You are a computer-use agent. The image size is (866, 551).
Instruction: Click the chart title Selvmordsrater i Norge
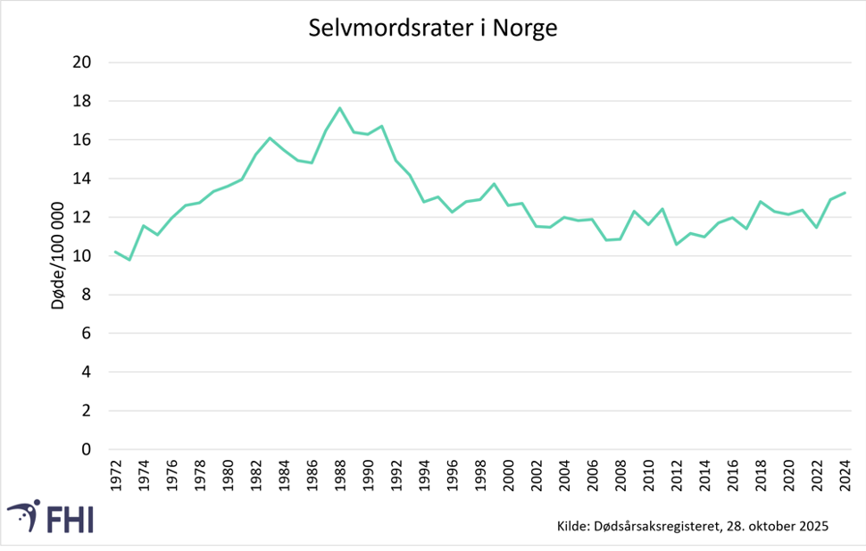coord(433,28)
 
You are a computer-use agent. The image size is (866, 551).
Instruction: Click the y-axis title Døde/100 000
coord(58,256)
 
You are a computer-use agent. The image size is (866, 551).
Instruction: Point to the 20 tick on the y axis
coord(83,63)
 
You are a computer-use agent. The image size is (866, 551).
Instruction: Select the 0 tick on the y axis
coord(87,449)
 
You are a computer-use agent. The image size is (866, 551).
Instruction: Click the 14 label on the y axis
coord(83,179)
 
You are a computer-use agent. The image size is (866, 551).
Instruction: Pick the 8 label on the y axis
coord(87,295)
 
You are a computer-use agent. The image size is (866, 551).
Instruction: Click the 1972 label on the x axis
coord(116,475)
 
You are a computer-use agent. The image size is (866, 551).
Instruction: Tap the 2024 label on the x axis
coord(845,475)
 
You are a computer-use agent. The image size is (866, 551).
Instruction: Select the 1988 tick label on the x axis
coord(340,475)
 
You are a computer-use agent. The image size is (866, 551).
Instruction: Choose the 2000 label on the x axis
coord(509,475)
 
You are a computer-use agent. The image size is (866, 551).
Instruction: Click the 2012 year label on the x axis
coord(677,475)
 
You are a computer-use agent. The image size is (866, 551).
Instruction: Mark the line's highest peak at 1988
coord(340,108)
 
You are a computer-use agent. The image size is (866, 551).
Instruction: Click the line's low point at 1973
coord(129,260)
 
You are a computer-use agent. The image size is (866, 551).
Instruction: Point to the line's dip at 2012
coord(677,244)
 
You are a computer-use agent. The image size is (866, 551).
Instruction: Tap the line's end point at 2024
coord(845,192)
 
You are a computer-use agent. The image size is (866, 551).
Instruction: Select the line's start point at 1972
coord(115,252)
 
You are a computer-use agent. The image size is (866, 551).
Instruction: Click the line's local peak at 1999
coord(494,184)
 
